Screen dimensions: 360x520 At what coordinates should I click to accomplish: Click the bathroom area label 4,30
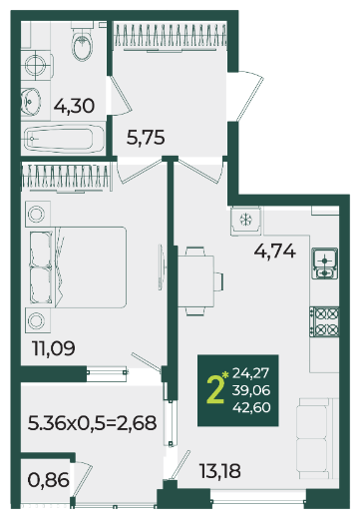pos(74,106)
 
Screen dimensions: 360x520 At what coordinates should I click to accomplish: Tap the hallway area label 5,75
pos(146,137)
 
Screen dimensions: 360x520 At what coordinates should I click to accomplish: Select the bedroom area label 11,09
pos(54,348)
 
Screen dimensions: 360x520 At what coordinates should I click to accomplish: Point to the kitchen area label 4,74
pos(274,251)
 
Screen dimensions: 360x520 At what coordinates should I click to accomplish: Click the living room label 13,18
pos(220,471)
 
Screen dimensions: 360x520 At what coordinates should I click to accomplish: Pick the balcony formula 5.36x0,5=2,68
pos(92,423)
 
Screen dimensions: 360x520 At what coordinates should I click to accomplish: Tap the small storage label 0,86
pos(49,480)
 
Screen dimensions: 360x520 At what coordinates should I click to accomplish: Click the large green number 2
pos(214,390)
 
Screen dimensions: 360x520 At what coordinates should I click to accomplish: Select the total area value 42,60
pos(251,407)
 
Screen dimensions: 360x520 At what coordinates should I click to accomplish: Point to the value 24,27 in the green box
pos(250,373)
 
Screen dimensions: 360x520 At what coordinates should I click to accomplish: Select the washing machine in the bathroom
pos(36,65)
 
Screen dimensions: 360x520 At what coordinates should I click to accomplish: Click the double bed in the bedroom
pos(78,267)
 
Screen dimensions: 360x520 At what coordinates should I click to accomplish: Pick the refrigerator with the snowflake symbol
pos(246,220)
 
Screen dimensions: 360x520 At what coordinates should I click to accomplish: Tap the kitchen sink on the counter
pos(324,263)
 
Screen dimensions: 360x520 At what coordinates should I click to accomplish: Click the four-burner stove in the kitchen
pos(324,321)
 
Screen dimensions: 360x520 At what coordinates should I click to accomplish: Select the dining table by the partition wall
pos(195,281)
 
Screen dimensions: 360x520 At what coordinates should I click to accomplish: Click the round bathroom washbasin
pos(31,101)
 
